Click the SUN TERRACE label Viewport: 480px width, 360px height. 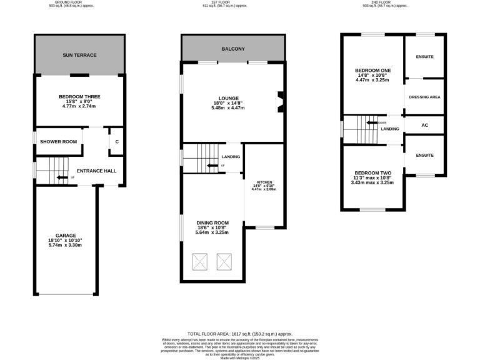click(79, 55)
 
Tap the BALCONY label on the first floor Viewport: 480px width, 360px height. click(232, 49)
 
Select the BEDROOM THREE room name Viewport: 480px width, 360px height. click(79, 96)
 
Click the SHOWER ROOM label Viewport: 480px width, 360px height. click(59, 142)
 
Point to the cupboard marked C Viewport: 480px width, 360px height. click(117, 142)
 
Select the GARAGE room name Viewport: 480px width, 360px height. click(66, 236)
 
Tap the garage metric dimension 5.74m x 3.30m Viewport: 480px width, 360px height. click(66, 245)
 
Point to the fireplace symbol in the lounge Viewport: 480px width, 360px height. click(281, 102)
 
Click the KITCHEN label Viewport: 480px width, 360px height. click(264, 183)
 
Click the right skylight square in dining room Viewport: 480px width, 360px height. click(224, 261)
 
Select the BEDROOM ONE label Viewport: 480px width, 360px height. click(372, 71)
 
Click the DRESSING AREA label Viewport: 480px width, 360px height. click(424, 97)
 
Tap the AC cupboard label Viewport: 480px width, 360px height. click(424, 125)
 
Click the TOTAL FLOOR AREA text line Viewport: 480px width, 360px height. click(239, 334)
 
